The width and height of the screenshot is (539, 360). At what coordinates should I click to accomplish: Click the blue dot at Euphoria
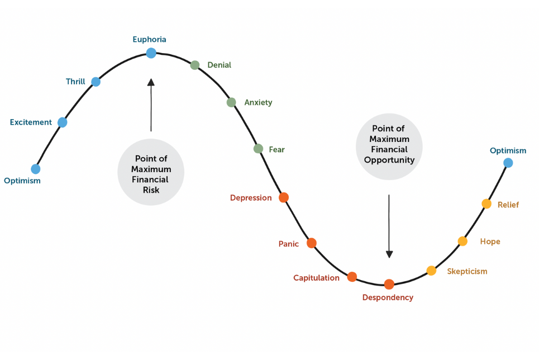click(151, 53)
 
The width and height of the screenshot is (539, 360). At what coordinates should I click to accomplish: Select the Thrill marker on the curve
click(96, 82)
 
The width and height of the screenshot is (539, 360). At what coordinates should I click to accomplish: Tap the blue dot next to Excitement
click(62, 122)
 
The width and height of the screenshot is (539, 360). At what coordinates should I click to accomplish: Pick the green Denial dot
click(195, 65)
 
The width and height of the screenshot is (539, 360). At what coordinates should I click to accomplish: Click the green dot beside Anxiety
click(231, 102)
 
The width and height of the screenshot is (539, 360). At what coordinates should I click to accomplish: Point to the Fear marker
click(258, 149)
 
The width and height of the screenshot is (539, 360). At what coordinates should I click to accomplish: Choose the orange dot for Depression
click(284, 197)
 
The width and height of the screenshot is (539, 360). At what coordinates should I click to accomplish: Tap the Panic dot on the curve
click(312, 243)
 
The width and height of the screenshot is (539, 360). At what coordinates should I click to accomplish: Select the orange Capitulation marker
click(352, 277)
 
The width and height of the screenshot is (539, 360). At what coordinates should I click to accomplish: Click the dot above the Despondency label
click(389, 285)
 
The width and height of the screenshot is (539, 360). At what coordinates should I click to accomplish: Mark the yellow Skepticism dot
click(431, 271)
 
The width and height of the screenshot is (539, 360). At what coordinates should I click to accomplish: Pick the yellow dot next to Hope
click(462, 241)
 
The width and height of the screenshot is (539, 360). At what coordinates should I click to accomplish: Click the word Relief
click(508, 205)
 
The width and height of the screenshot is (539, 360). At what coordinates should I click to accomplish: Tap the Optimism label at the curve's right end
click(508, 151)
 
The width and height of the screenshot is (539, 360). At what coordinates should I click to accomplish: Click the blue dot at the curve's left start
click(36, 169)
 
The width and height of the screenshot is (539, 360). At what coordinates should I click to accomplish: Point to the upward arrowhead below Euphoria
click(151, 82)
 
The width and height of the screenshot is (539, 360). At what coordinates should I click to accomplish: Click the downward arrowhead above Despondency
click(389, 254)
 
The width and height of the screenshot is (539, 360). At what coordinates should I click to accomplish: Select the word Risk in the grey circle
click(151, 190)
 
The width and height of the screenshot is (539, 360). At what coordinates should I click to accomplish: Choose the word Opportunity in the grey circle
click(389, 160)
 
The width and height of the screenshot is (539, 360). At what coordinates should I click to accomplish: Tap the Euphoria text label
click(150, 40)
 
